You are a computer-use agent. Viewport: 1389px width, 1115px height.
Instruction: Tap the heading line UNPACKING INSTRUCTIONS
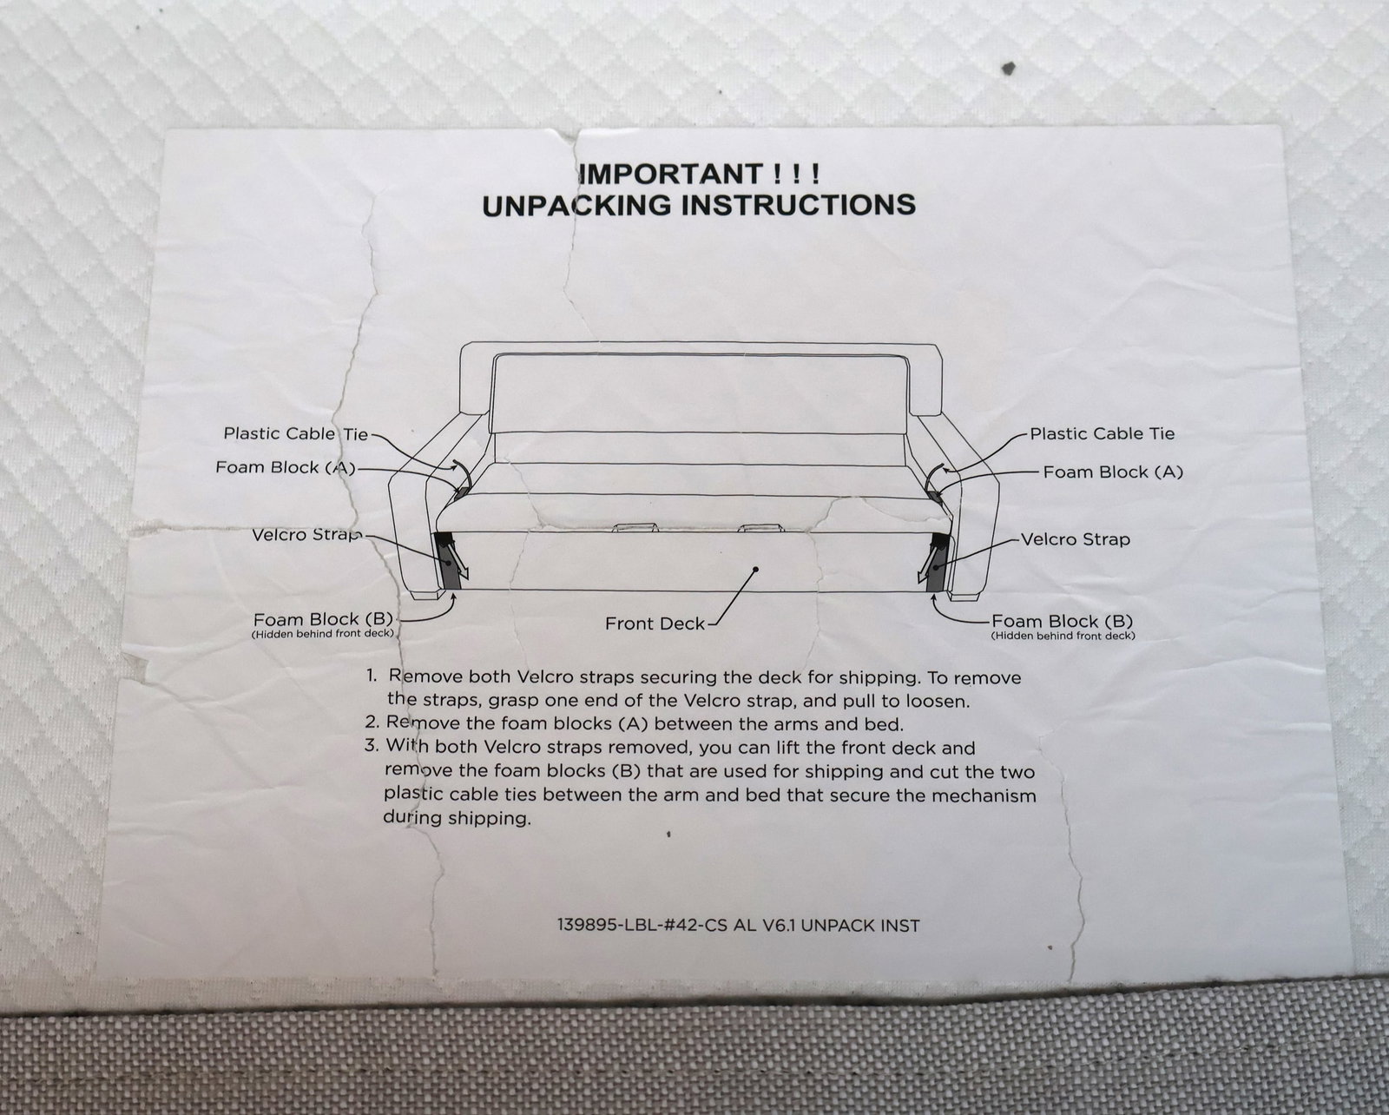tap(698, 205)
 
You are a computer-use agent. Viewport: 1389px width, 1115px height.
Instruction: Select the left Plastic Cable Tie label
tap(296, 433)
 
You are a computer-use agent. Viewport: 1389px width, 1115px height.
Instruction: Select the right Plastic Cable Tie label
tap(1102, 434)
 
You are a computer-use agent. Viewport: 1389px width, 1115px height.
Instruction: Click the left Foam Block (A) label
tap(286, 467)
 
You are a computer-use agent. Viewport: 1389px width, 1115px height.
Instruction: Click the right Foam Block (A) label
tap(1113, 472)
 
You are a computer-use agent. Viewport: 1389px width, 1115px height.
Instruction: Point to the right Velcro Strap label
tap(1076, 539)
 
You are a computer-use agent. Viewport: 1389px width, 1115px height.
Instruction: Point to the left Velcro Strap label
tap(306, 535)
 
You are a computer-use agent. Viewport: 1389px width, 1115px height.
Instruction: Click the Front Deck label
tap(655, 623)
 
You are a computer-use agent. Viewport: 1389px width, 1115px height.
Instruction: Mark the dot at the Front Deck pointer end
tap(755, 570)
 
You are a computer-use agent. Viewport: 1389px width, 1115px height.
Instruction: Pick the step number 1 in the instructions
tap(371, 676)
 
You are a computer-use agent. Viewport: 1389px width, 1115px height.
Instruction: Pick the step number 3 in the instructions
tap(371, 746)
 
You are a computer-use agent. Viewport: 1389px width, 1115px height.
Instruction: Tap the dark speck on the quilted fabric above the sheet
tap(1009, 67)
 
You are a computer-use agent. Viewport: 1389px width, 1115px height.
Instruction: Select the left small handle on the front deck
tap(635, 527)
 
